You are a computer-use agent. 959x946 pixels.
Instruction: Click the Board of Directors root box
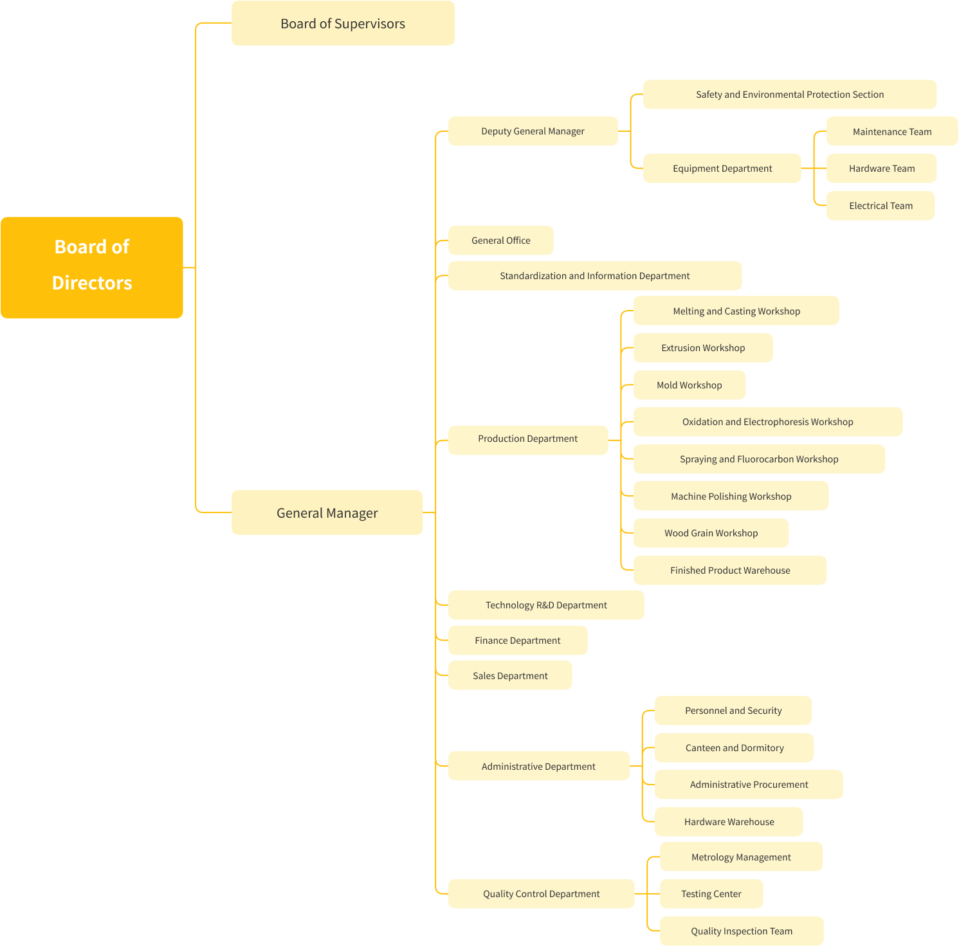click(92, 268)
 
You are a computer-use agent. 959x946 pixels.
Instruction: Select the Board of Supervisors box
click(343, 24)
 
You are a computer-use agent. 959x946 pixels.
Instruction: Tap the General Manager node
click(327, 513)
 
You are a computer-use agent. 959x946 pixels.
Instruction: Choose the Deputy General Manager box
click(533, 131)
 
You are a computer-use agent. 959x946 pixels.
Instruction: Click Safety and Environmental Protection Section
click(789, 95)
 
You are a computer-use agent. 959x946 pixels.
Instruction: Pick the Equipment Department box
click(722, 168)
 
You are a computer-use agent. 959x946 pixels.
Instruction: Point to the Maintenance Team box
click(891, 132)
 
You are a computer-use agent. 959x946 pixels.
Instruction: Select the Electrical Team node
click(880, 206)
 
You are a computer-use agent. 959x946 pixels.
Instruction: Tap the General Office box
click(500, 241)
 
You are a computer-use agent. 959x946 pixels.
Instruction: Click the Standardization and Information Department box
click(594, 276)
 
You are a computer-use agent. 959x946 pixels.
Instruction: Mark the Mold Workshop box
click(689, 385)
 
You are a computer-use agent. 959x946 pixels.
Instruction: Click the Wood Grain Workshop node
click(711, 533)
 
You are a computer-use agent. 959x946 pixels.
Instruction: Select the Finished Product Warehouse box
click(729, 570)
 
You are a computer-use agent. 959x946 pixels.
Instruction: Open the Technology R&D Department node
click(545, 605)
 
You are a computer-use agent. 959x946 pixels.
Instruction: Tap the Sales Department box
click(509, 676)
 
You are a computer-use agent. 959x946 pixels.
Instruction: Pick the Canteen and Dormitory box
click(734, 748)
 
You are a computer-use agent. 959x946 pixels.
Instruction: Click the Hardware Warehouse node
click(729, 822)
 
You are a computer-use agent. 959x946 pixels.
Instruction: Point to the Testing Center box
click(711, 894)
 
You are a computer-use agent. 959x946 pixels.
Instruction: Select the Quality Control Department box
click(541, 894)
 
